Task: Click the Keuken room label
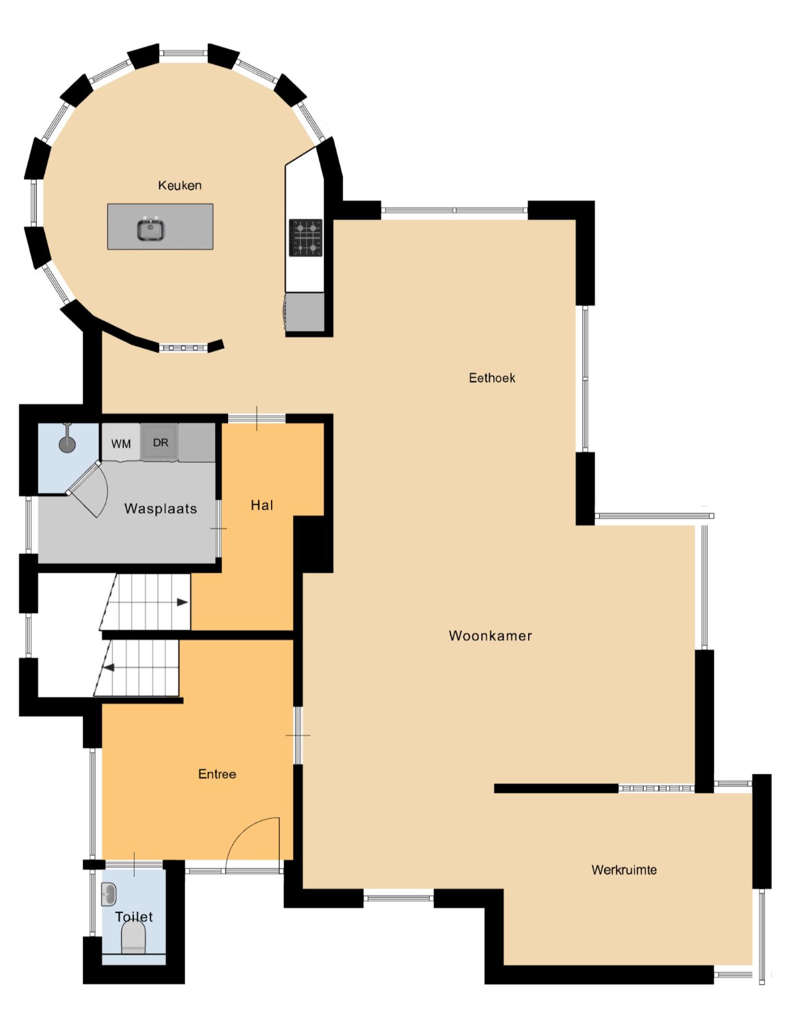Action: coord(179,186)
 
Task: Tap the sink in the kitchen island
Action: coord(150,229)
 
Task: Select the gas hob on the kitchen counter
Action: coord(306,237)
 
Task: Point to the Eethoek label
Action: coord(492,378)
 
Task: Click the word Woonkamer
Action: coord(490,635)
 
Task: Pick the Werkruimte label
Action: coord(624,870)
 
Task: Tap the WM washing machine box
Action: coord(121,443)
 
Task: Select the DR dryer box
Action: coord(160,442)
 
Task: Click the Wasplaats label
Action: coord(160,508)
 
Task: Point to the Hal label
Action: coord(262,505)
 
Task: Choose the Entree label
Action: coord(217,774)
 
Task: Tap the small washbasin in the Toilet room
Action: coord(109,894)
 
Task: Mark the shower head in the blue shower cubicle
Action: coord(68,443)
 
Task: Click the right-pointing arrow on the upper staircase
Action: coord(182,602)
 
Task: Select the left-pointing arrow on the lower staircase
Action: coord(109,667)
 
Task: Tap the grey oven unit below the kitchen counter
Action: coord(304,312)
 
